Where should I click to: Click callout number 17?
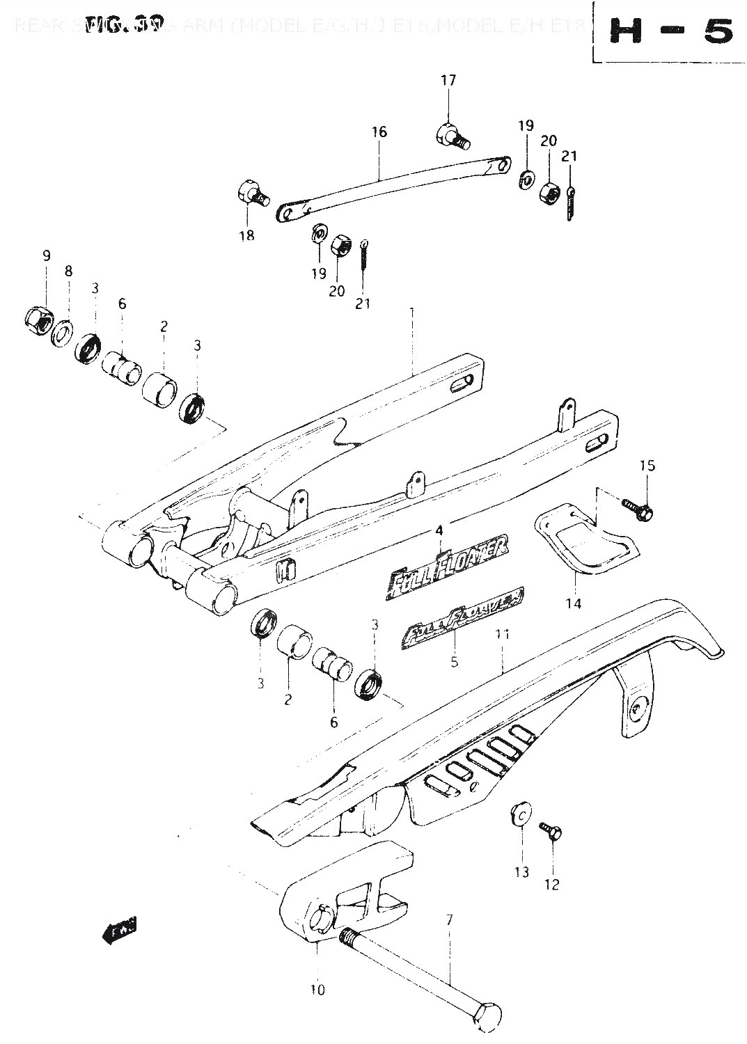click(x=448, y=81)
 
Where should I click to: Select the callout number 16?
click(x=379, y=132)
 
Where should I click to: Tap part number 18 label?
click(x=246, y=235)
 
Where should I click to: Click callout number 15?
click(x=647, y=465)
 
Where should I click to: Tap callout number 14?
click(x=573, y=603)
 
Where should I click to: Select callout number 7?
click(x=449, y=920)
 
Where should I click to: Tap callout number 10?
click(x=317, y=989)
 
